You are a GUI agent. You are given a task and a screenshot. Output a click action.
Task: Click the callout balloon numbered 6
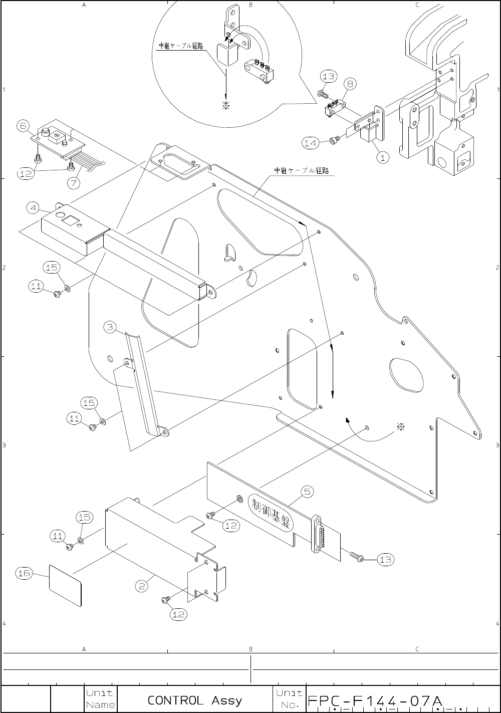click(24, 126)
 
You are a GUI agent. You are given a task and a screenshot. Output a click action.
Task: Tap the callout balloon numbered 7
click(74, 183)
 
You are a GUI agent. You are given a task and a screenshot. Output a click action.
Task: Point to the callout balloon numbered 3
click(111, 328)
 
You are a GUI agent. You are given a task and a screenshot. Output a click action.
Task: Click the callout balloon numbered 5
click(307, 492)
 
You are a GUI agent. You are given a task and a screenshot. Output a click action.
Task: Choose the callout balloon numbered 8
click(350, 84)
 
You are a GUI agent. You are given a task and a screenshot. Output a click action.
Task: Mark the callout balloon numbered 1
click(382, 157)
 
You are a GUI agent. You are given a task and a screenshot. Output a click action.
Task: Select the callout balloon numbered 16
click(24, 574)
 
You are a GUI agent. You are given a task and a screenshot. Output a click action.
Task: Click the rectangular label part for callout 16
click(65, 585)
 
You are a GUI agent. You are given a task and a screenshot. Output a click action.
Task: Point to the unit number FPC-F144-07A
click(376, 699)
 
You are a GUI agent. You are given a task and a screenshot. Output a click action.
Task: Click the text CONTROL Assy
click(194, 699)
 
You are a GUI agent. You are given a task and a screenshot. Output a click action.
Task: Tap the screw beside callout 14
click(334, 141)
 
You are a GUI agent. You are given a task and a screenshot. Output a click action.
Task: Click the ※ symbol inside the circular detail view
click(226, 106)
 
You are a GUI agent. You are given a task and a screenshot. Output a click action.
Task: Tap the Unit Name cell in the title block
click(100, 699)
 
